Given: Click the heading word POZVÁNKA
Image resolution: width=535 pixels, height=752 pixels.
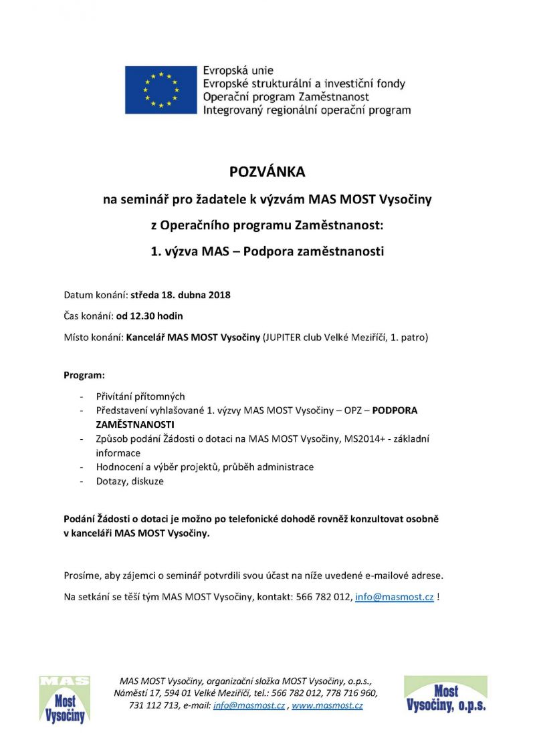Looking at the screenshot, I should click(267, 172).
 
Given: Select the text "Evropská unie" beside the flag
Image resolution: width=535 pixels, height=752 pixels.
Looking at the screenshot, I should click(239, 71).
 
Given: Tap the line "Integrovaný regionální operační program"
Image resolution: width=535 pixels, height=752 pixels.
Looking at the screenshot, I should click(307, 110).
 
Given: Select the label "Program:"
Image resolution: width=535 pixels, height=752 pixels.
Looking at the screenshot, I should click(84, 376).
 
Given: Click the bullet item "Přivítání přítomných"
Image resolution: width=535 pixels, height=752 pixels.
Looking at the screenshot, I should click(140, 396).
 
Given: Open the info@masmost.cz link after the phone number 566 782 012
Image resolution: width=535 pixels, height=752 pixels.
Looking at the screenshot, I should click(395, 597).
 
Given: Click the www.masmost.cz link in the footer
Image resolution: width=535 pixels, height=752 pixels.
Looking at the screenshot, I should click(327, 705).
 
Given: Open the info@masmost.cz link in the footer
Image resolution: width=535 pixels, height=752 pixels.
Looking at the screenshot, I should click(249, 705).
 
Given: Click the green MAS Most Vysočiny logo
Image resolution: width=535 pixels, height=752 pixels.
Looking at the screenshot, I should click(64, 699).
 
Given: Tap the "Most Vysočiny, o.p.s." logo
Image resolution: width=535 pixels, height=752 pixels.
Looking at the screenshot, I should click(445, 695).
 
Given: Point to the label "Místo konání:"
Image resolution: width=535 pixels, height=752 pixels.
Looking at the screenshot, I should click(93, 337).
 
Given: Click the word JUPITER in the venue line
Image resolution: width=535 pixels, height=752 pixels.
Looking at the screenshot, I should click(286, 337).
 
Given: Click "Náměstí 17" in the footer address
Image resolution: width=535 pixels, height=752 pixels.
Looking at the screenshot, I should click(136, 693).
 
